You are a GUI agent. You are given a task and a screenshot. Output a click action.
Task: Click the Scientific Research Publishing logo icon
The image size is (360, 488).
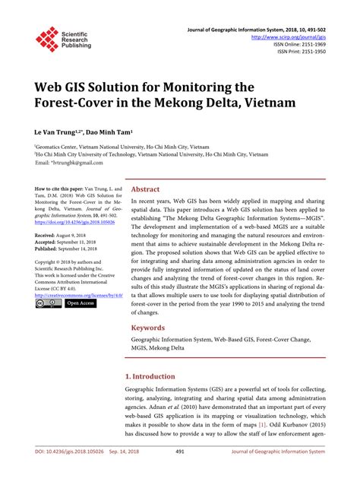point(48,40)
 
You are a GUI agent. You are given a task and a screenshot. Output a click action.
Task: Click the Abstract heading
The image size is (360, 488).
point(146,190)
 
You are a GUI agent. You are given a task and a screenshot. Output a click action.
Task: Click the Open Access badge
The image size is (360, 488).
point(81,303)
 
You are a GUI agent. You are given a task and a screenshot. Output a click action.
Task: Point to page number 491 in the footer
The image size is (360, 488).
point(180,473)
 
